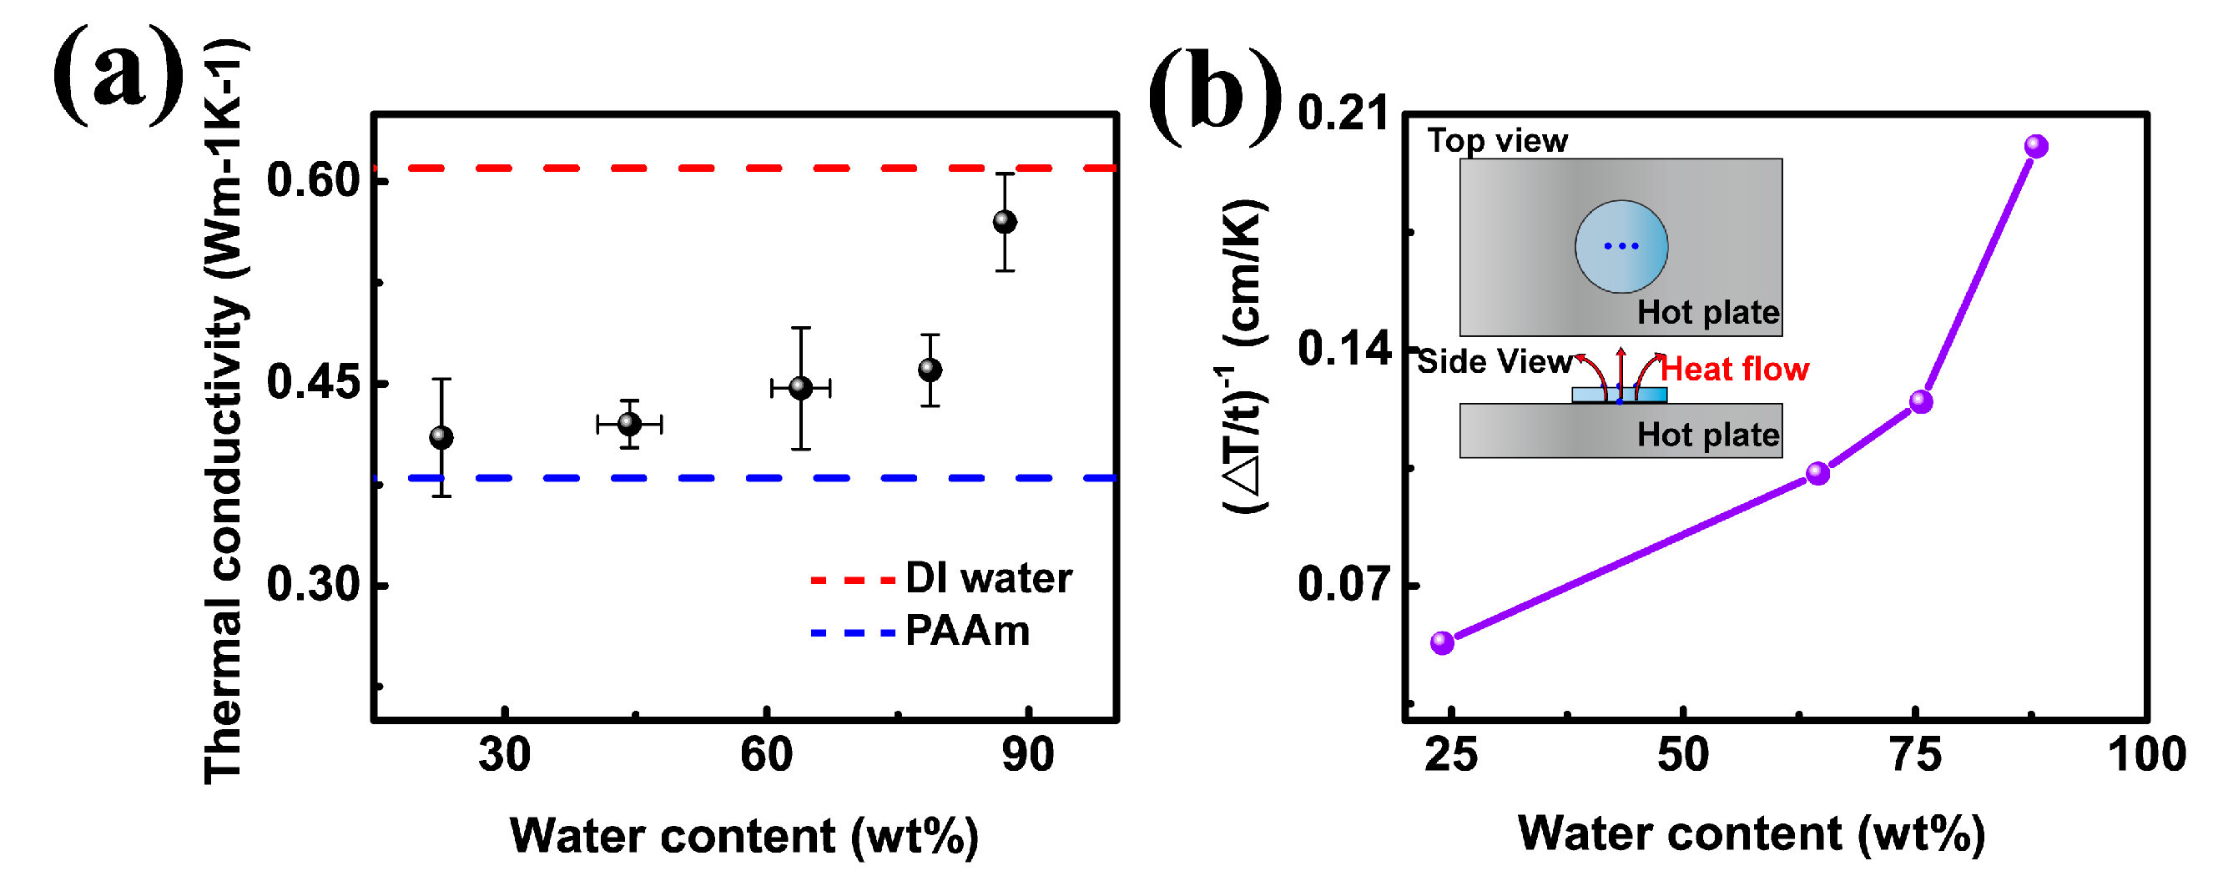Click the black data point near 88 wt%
pos(1005,222)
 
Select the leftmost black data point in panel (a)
pos(441,437)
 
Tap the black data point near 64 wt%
pos(801,388)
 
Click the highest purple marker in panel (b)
pos(2035,146)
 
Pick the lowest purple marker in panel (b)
pos(1442,642)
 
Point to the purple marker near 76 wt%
pos(1921,402)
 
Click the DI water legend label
pos(989,578)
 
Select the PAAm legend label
pos(967,632)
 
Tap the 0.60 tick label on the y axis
pos(312,180)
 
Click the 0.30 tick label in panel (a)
pos(312,585)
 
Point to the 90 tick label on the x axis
pos(1028,755)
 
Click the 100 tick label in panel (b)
pos(2145,755)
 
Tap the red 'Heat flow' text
pos(1734,370)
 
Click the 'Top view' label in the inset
pos(1497,140)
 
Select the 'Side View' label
pos(1494,362)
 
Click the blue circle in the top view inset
pos(1621,246)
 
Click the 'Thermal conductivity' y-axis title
pos(224,413)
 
